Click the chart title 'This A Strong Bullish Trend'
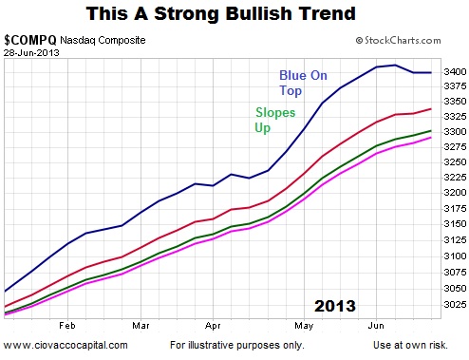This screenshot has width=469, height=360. pyautogui.click(x=221, y=14)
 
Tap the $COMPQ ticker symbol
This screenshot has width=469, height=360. pyautogui.click(x=30, y=40)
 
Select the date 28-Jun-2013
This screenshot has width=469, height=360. pyautogui.click(x=31, y=52)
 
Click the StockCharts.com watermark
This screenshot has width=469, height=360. pyautogui.click(x=398, y=41)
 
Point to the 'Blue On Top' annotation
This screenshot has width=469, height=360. pyautogui.click(x=303, y=83)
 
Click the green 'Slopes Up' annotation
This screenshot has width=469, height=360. pyautogui.click(x=275, y=121)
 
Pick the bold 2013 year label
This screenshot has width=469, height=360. pyautogui.click(x=335, y=306)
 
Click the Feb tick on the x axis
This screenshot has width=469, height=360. pyautogui.click(x=67, y=326)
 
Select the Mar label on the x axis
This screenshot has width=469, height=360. pyautogui.click(x=141, y=326)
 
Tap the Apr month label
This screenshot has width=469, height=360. pyautogui.click(x=213, y=326)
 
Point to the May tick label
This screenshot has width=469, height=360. pyautogui.click(x=304, y=326)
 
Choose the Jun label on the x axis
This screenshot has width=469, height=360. pyautogui.click(x=376, y=326)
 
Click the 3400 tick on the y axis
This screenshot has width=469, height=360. pyautogui.click(x=455, y=72)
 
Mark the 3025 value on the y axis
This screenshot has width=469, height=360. pyautogui.click(x=455, y=304)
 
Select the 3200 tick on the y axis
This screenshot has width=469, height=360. pyautogui.click(x=455, y=193)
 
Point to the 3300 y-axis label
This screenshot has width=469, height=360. pyautogui.click(x=455, y=131)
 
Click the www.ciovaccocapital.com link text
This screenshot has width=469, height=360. pyautogui.click(x=66, y=345)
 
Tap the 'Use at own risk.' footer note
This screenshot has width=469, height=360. pyautogui.click(x=410, y=345)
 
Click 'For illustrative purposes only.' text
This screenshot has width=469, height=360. pyautogui.click(x=237, y=345)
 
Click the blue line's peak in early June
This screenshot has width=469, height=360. pyautogui.click(x=395, y=66)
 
